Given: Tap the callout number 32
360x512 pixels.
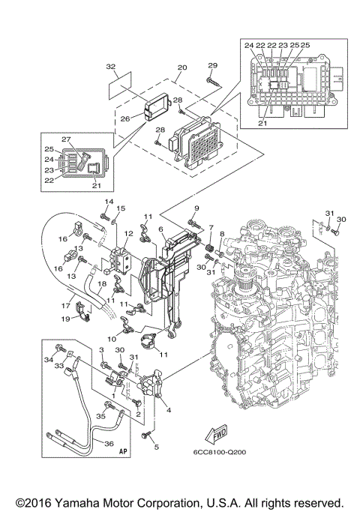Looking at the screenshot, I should tap(111, 67).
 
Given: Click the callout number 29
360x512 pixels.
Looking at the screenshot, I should tap(212, 65).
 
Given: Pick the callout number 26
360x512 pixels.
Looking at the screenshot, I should tap(125, 117).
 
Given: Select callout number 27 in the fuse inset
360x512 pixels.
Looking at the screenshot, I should tap(65, 139).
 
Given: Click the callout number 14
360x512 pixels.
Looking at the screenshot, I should tap(107, 203).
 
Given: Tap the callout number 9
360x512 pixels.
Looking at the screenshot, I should tap(196, 208).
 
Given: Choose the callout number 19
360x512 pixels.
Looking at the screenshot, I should tap(66, 319).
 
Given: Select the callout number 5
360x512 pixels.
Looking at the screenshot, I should tap(157, 448).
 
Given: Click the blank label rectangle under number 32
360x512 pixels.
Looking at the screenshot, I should tap(119, 83).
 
